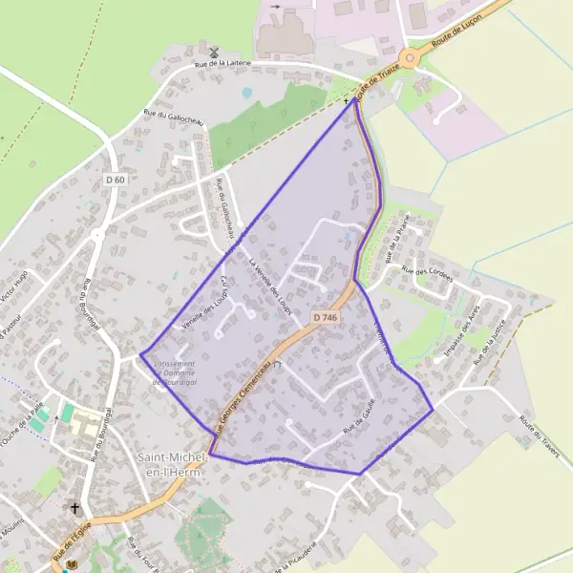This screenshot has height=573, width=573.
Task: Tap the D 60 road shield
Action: pyautogui.click(x=116, y=180)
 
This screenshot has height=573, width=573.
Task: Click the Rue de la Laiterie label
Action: pyautogui.click(x=223, y=64)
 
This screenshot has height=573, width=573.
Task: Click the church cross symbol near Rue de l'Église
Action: pyautogui.click(x=74, y=509)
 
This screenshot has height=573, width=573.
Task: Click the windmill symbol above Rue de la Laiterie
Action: pyautogui.click(x=214, y=52)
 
